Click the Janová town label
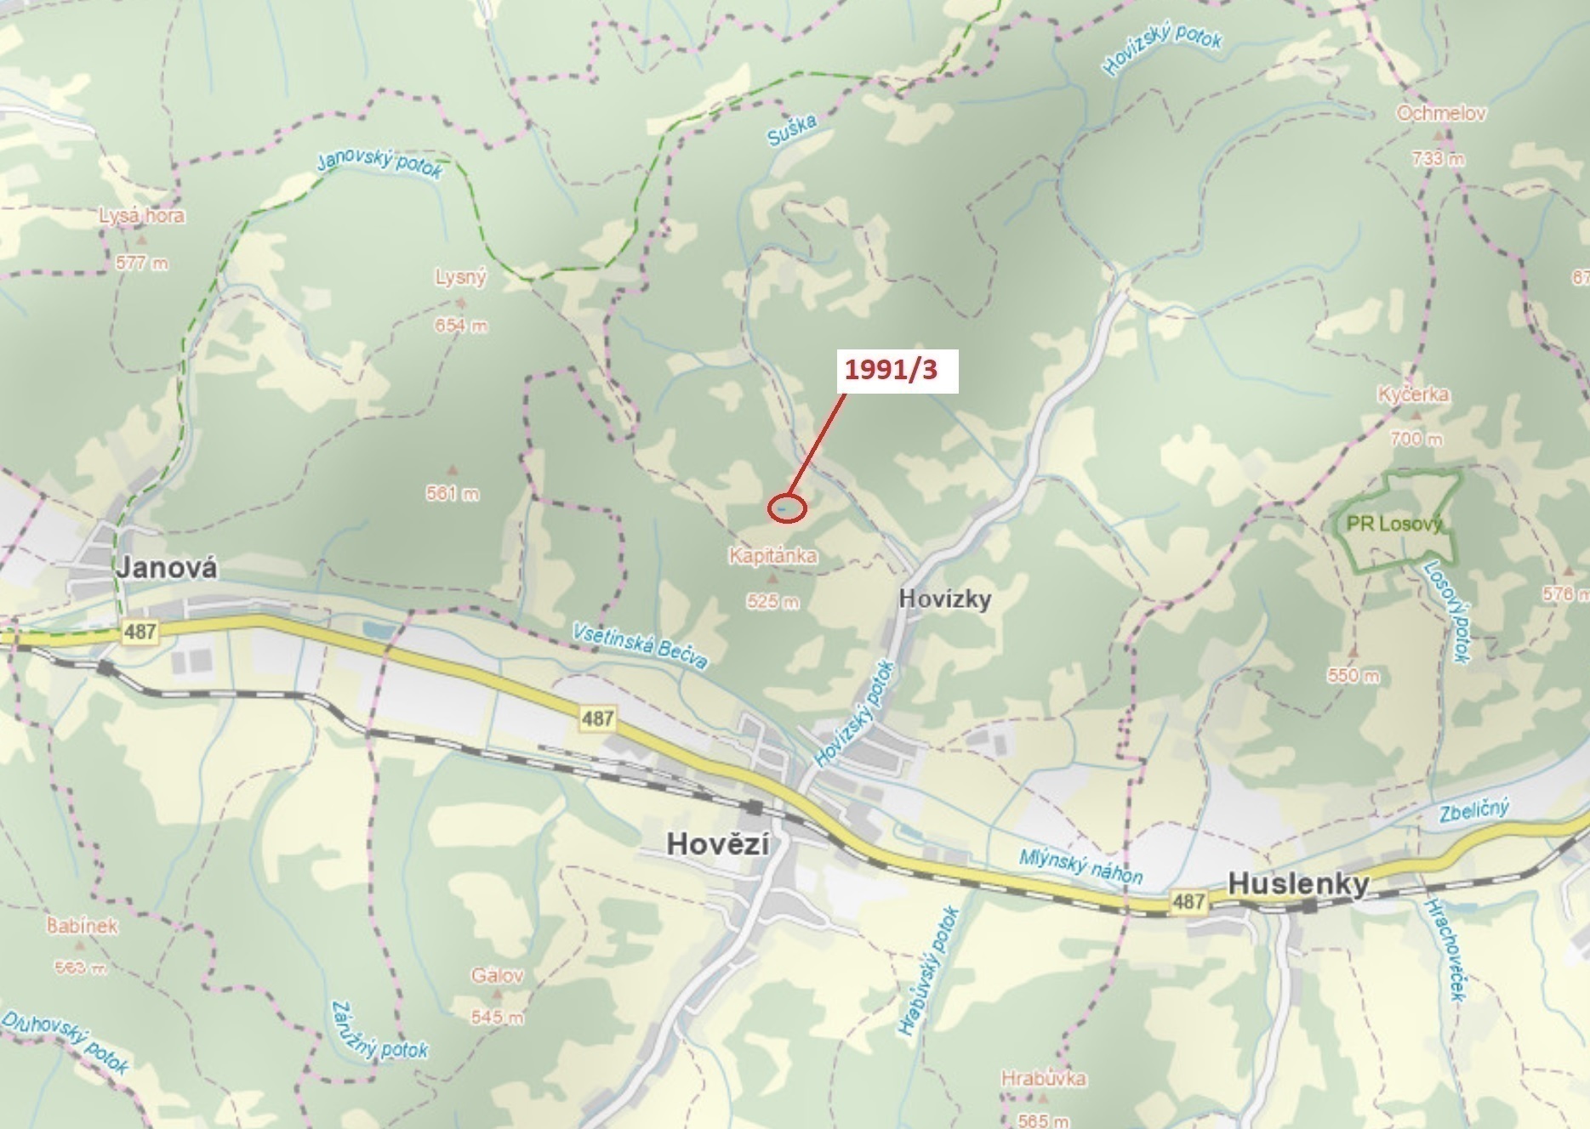(x=167, y=567)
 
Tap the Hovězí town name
(x=718, y=843)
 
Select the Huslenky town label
(x=1298, y=883)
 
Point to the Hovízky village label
(x=945, y=599)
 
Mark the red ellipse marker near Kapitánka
(x=787, y=508)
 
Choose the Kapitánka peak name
(x=772, y=556)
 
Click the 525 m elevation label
(x=772, y=602)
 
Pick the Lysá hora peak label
(x=141, y=216)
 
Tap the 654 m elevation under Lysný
(x=461, y=326)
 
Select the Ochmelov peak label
(x=1441, y=113)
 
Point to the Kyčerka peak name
(x=1413, y=394)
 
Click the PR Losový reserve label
(x=1393, y=524)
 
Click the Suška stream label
(x=791, y=130)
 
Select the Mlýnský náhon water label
(x=1080, y=865)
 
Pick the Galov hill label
(x=498, y=975)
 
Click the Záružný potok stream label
(x=379, y=1031)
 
